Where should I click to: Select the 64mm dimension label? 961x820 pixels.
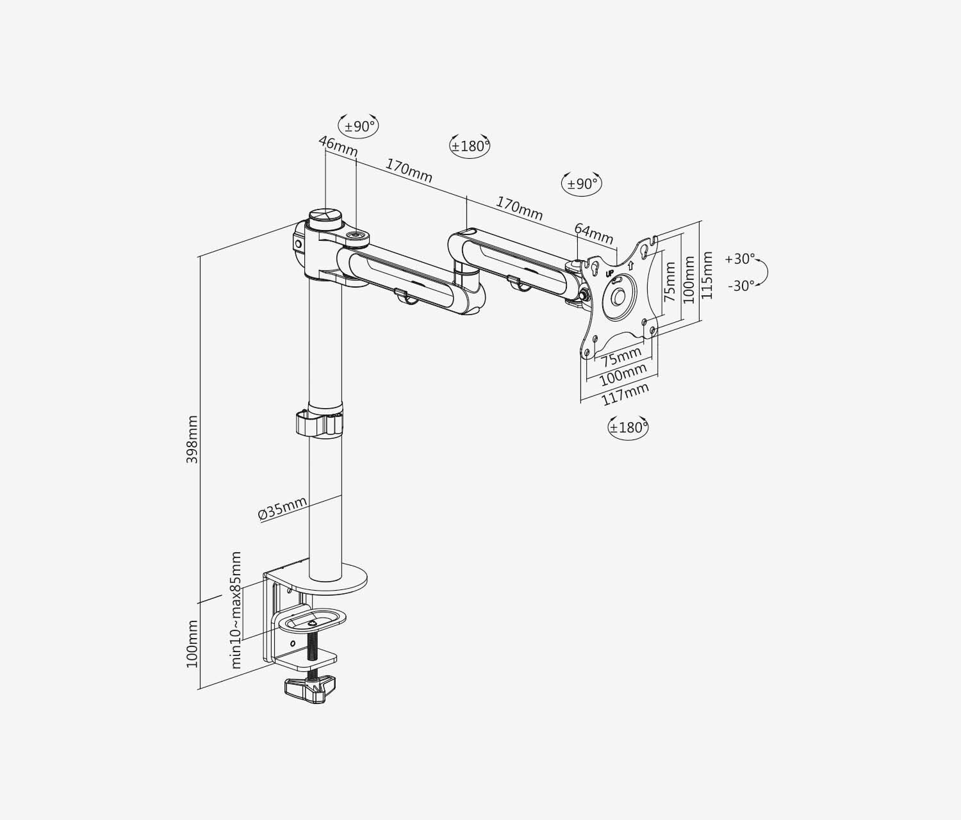point(593,234)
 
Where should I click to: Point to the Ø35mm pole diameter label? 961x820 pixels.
point(282,509)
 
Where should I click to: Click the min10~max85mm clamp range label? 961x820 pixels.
point(236,610)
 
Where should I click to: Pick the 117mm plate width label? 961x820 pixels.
point(625,394)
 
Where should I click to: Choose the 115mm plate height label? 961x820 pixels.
point(707,275)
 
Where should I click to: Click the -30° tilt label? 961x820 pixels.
point(741,286)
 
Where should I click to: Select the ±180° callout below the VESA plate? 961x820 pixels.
point(628,427)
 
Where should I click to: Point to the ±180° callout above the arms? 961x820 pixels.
point(470,146)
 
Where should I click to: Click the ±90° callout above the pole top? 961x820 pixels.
point(359,126)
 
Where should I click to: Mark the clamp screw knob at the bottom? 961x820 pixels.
point(310,689)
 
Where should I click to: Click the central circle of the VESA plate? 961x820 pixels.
point(618,295)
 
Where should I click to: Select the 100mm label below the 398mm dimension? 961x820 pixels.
point(192,644)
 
